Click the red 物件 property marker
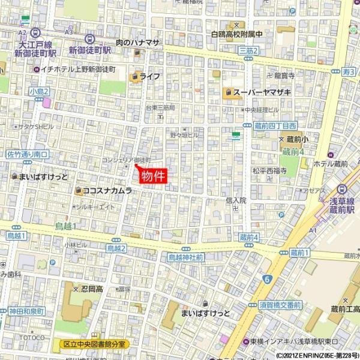click(x=151, y=175)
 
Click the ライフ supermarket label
click(x=150, y=76)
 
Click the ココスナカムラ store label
click(x=107, y=191)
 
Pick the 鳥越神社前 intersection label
click(x=185, y=257)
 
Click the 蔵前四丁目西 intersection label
click(x=275, y=125)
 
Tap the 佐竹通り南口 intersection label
click(x=28, y=154)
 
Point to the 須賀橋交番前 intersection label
click(x=280, y=305)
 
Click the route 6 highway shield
click(x=266, y=278)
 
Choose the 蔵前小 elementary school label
click(x=293, y=139)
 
